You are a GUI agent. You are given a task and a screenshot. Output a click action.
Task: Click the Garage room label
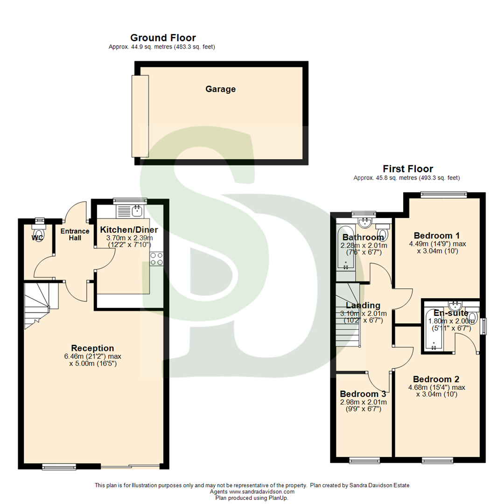click(220, 89)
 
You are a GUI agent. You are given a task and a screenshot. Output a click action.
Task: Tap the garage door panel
click(140, 116)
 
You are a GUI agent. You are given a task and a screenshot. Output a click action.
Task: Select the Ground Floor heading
click(163, 38)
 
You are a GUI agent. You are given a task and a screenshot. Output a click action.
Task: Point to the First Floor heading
click(407, 168)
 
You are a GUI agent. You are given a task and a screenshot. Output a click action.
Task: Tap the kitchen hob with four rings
click(156, 259)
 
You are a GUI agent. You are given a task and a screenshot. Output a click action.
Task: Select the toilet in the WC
click(38, 231)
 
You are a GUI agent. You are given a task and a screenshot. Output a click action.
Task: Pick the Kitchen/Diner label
click(129, 230)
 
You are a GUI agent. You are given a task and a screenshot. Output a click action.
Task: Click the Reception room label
click(92, 348)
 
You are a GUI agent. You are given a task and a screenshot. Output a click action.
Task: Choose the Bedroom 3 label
click(363, 393)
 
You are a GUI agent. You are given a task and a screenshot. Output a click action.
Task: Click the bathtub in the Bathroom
click(345, 248)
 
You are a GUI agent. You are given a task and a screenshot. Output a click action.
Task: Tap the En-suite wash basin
click(459, 306)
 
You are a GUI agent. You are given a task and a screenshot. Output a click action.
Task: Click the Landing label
click(363, 305)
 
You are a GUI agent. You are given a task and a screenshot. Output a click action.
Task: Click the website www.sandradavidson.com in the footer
click(262, 492)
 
